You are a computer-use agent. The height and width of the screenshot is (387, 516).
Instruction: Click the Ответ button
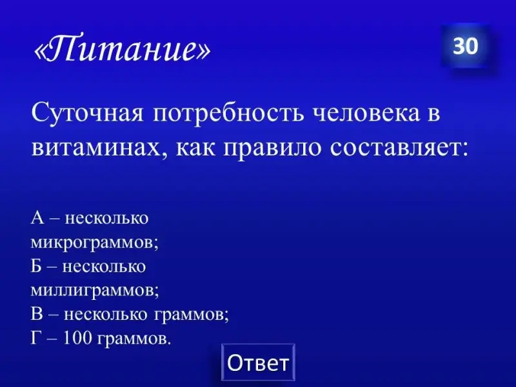click(259, 362)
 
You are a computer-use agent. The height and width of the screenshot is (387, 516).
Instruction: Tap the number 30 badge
click(465, 46)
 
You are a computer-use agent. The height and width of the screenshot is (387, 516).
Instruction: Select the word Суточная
click(88, 114)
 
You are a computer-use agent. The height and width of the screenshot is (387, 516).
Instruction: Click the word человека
click(366, 114)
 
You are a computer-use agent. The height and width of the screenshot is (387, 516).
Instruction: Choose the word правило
click(272, 149)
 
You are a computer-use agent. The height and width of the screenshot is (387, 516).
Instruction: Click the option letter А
click(37, 217)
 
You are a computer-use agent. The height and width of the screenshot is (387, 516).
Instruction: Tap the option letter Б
click(36, 266)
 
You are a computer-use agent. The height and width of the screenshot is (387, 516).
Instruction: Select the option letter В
click(37, 314)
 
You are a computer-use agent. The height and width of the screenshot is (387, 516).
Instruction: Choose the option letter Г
click(35, 338)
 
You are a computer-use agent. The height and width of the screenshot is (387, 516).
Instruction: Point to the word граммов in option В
click(191, 315)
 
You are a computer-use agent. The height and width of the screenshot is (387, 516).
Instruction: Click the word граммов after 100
click(134, 339)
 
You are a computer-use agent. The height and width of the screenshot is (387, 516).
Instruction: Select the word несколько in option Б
click(104, 266)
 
